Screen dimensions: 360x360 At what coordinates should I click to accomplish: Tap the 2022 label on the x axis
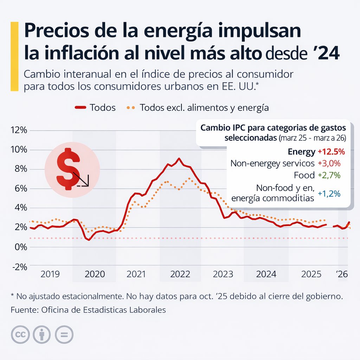180,274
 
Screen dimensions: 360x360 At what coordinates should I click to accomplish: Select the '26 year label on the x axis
341,274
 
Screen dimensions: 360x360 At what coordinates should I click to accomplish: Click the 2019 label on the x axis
50,274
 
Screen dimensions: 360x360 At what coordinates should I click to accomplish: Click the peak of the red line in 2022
179,159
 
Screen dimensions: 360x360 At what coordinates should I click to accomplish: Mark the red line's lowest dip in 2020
89,240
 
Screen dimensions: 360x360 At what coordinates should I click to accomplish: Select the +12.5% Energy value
331,152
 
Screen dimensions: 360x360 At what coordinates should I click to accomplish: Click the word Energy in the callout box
301,152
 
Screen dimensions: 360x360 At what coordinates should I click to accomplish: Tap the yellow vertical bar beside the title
14,56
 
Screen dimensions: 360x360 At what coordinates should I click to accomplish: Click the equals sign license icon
64,334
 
